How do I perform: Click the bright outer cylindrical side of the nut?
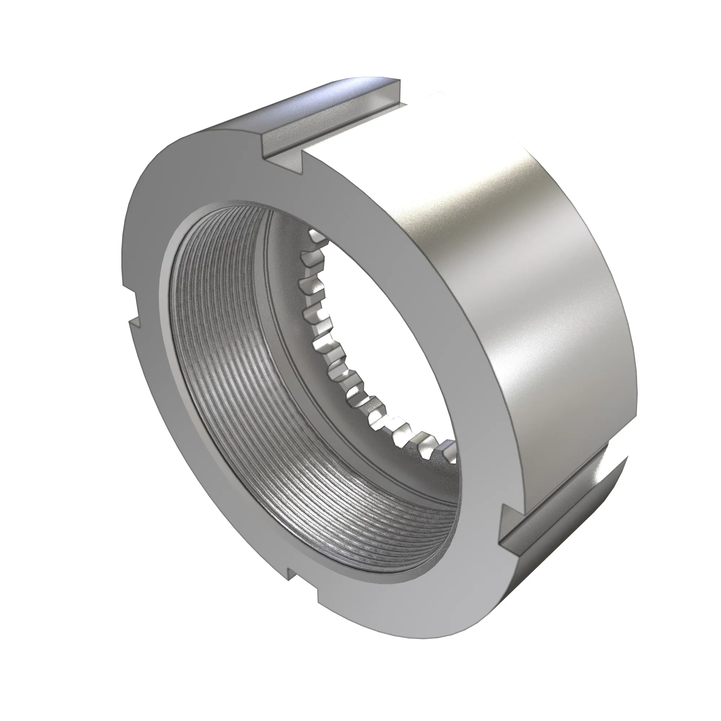pyautogui.click(x=522, y=298)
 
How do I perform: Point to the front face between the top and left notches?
pyautogui.click(x=179, y=194)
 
